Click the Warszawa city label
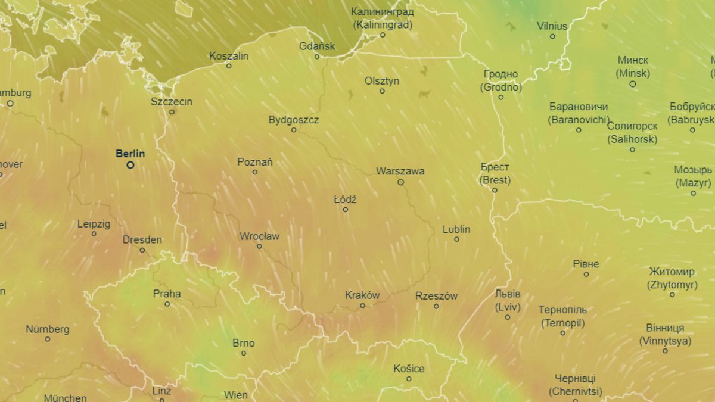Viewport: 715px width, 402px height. [x=400, y=171]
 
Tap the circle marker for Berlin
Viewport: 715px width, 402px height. [x=130, y=165]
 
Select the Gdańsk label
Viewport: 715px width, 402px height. [x=317, y=46]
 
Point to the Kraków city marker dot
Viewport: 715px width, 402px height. [x=362, y=306]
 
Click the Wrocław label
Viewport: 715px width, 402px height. [x=259, y=236]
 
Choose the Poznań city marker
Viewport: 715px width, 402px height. [x=255, y=172]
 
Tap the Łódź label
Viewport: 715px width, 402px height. [x=345, y=199]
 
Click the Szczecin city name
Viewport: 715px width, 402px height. [x=172, y=101]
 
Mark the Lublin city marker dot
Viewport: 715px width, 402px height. [x=456, y=239]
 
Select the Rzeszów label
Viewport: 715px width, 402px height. [x=436, y=295]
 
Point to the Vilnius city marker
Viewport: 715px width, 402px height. [x=552, y=36]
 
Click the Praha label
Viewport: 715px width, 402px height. [x=167, y=294]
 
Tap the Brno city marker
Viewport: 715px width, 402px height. [x=244, y=353]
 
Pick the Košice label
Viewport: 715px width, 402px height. [x=409, y=369]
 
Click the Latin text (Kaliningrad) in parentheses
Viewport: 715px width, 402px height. [x=382, y=25]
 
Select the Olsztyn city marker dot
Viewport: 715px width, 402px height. [x=383, y=91]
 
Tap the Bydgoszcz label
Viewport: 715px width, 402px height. [x=293, y=120]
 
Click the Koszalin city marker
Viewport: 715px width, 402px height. [x=229, y=66]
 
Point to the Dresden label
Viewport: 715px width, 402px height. [x=142, y=240]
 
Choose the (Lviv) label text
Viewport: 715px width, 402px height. [x=508, y=307]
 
